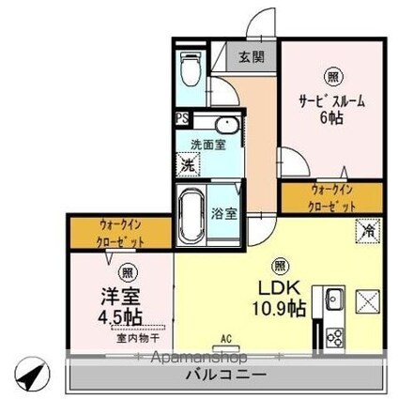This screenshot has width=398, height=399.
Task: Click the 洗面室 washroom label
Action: (x=207, y=145)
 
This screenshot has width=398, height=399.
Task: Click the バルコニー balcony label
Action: (x=228, y=375)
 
